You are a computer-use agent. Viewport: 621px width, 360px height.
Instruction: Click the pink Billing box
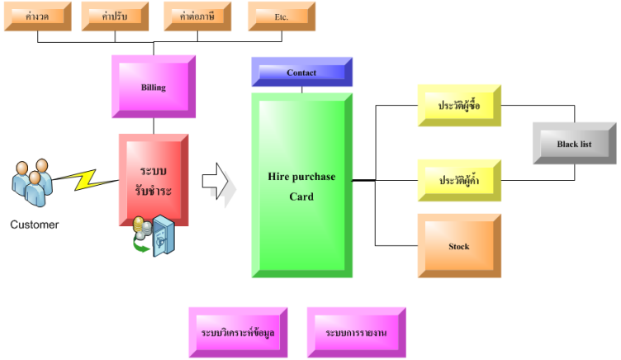coord(153,87)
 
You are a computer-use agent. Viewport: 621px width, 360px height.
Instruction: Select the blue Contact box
coord(301,73)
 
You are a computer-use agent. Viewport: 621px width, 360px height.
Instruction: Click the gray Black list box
coord(573,144)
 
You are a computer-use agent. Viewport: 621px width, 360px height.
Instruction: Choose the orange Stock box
coord(458,246)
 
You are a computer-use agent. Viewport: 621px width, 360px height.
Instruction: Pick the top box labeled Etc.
coord(281,17)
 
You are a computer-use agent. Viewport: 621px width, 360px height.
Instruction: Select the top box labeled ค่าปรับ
coord(116,17)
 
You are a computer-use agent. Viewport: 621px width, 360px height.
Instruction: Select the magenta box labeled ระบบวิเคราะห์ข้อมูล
coord(238,332)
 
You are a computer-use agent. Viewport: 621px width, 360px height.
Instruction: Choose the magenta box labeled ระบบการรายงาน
coord(356,332)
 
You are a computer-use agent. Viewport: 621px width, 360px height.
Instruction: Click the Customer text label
coord(35,224)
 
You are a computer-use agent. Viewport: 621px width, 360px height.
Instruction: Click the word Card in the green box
coord(301,197)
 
